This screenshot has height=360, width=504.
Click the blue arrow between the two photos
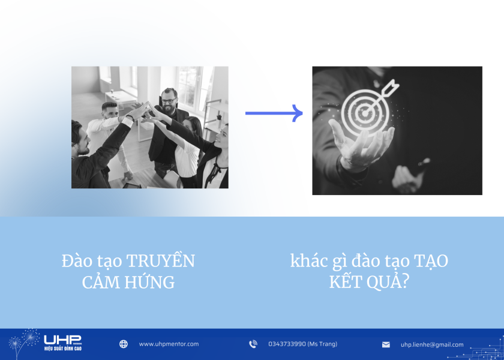click(274, 113)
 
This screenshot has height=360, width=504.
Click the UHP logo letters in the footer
click(62, 340)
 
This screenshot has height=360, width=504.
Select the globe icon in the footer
click(124, 344)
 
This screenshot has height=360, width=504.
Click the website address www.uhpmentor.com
click(169, 344)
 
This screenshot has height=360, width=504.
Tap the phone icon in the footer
click(253, 344)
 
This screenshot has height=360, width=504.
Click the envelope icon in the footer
click(386, 345)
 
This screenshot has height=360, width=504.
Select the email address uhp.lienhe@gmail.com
click(432, 345)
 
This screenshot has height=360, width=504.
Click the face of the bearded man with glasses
click(169, 98)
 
